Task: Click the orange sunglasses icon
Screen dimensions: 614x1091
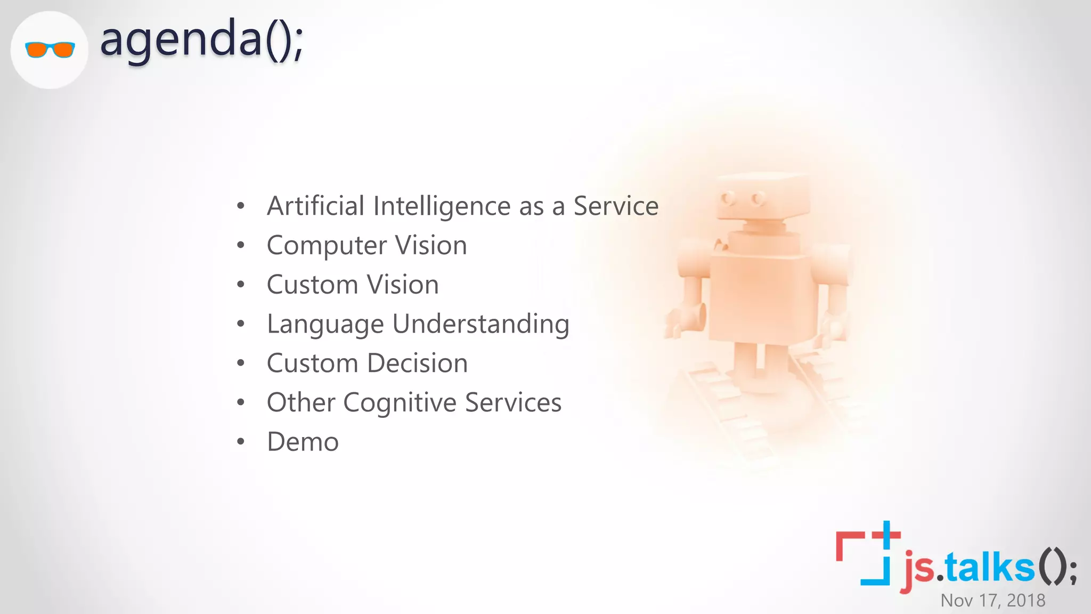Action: pyautogui.click(x=50, y=50)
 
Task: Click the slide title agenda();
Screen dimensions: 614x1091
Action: pyautogui.click(x=201, y=40)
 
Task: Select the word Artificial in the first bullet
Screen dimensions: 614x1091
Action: pyautogui.click(x=315, y=206)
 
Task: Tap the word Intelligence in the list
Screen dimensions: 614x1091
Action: pyautogui.click(x=442, y=207)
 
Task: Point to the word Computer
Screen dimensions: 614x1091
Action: pyautogui.click(x=327, y=246)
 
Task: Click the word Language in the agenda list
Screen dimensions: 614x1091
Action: pyautogui.click(x=325, y=325)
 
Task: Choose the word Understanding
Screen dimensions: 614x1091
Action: pyautogui.click(x=481, y=325)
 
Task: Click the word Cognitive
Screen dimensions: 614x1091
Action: pyautogui.click(x=400, y=403)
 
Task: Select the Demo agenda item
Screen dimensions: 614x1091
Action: pyautogui.click(x=303, y=442)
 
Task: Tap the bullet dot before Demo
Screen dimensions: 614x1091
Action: pyautogui.click(x=241, y=442)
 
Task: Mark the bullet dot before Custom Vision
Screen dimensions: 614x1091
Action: pyautogui.click(x=241, y=285)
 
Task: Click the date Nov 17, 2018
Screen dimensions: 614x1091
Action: pyautogui.click(x=992, y=601)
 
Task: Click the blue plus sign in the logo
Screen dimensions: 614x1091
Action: pyautogui.click(x=886, y=534)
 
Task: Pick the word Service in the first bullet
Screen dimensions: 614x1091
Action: pyautogui.click(x=616, y=206)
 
